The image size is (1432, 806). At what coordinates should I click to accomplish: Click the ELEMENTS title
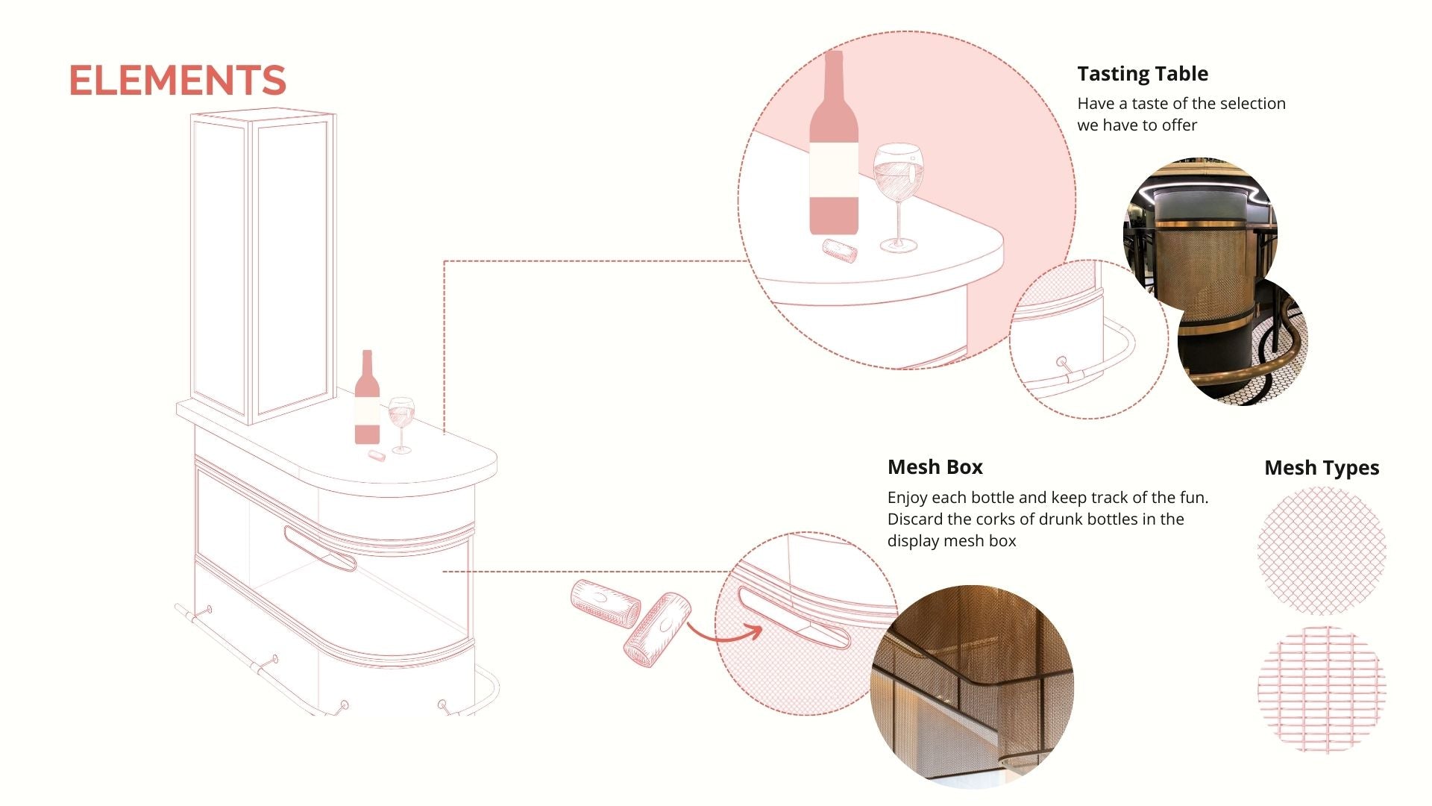click(x=178, y=80)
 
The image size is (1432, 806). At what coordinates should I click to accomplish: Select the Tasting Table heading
click(x=1143, y=74)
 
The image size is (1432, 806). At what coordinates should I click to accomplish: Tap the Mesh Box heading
click(x=935, y=467)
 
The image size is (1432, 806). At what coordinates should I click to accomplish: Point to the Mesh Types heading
click(x=1322, y=468)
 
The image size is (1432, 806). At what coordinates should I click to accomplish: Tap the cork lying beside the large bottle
click(x=840, y=250)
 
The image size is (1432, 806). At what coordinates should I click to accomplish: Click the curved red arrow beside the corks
click(x=723, y=637)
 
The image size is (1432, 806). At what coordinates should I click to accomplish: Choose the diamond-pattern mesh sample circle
click(x=1322, y=551)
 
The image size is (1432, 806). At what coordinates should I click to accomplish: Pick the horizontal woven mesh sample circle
click(x=1322, y=690)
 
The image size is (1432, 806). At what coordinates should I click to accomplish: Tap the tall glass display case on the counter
click(x=263, y=267)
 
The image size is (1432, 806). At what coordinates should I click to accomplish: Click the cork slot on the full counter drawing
click(x=320, y=549)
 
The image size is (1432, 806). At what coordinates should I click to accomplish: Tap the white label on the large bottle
click(x=834, y=170)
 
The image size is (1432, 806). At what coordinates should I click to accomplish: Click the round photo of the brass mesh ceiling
click(x=973, y=687)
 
